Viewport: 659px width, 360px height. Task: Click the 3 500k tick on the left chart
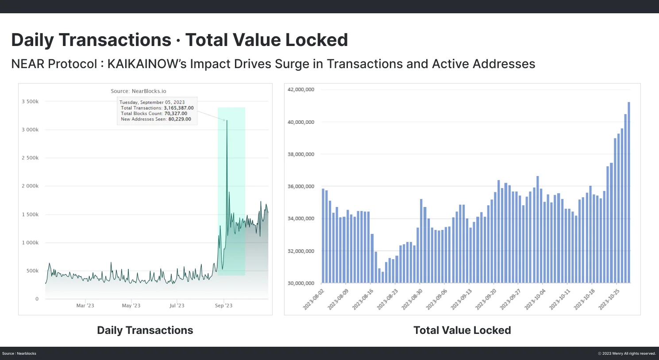(30, 102)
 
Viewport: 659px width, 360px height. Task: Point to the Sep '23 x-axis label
(224, 306)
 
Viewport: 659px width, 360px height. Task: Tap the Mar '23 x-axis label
(85, 306)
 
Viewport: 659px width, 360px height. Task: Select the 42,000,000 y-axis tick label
(301, 90)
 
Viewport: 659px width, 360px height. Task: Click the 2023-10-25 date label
(609, 299)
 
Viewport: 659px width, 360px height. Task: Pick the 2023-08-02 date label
(314, 299)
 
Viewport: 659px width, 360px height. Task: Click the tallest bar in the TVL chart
(628, 192)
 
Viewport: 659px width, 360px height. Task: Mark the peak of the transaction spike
(227, 120)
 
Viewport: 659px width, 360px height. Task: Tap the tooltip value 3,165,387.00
(179, 108)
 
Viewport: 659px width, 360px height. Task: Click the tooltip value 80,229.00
(180, 119)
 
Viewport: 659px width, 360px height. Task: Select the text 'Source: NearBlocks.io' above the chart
(139, 91)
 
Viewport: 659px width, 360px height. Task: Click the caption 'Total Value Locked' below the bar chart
(462, 330)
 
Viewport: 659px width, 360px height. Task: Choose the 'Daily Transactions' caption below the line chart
(145, 330)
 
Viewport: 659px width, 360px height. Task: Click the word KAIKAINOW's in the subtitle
(147, 64)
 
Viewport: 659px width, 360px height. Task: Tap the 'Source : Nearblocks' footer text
(19, 353)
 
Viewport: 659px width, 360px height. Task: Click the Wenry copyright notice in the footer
(627, 353)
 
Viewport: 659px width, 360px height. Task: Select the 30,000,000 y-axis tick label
(301, 283)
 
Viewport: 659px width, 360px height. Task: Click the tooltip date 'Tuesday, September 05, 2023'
(152, 102)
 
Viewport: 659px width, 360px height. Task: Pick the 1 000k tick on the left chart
(30, 243)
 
